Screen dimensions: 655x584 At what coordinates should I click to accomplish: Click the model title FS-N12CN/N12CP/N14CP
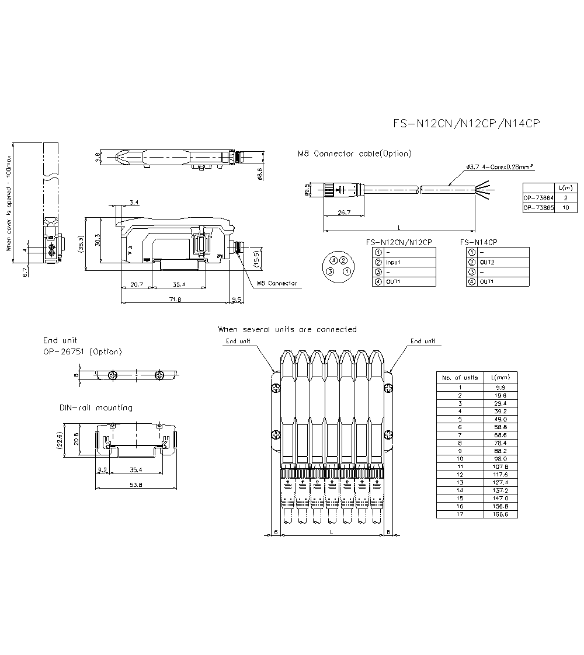pyautogui.click(x=466, y=124)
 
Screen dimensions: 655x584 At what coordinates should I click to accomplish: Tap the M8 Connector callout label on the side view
pyautogui.click(x=276, y=283)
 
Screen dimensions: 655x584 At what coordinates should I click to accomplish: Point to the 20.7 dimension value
pyautogui.click(x=136, y=284)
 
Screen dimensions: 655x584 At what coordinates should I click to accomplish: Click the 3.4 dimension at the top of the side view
pyautogui.click(x=134, y=203)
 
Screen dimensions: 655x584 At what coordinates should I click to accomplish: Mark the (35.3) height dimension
pyautogui.click(x=82, y=243)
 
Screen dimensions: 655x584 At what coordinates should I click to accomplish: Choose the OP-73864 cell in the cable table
pyautogui.click(x=537, y=198)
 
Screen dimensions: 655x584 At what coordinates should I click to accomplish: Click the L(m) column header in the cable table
pyautogui.click(x=565, y=188)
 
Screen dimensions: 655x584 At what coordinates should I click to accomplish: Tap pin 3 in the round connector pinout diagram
pyautogui.click(x=331, y=271)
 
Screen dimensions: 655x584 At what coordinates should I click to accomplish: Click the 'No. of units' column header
pyautogui.click(x=460, y=378)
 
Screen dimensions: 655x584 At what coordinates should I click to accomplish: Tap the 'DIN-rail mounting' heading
pyautogui.click(x=96, y=407)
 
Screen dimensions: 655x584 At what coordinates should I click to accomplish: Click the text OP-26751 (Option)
pyautogui.click(x=82, y=351)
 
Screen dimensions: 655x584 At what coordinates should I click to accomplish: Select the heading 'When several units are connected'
pyautogui.click(x=287, y=329)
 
